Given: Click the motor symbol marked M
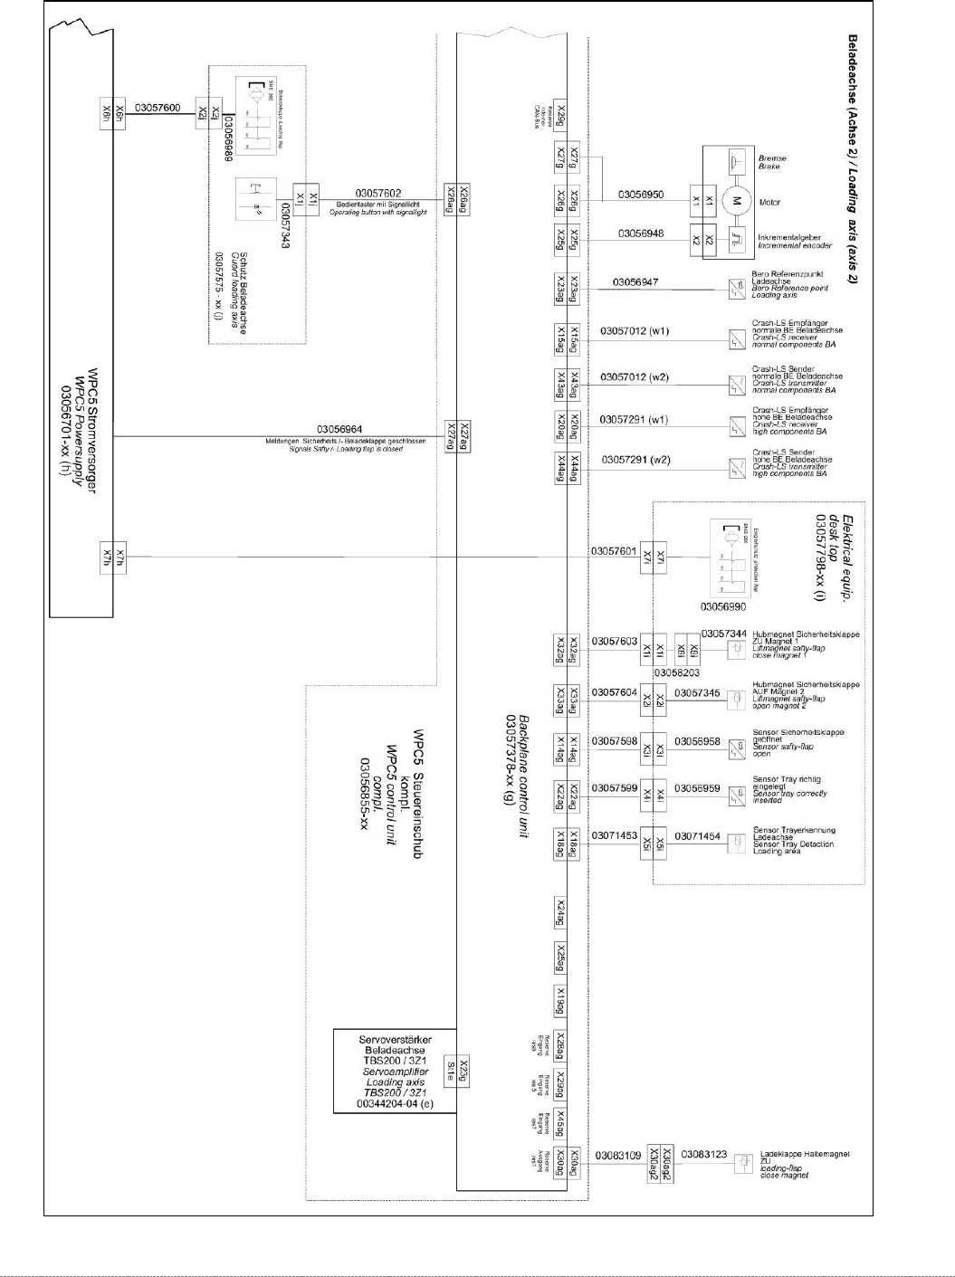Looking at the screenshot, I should [x=736, y=200].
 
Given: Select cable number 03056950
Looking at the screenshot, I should [x=640, y=195].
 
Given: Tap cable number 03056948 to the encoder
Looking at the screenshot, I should [x=640, y=233].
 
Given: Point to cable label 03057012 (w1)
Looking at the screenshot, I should [x=635, y=331].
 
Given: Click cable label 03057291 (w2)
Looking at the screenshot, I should [x=636, y=460].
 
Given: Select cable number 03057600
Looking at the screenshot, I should [x=158, y=109].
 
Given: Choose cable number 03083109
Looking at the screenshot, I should [x=618, y=1156].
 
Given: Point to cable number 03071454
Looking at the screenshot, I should [x=697, y=836].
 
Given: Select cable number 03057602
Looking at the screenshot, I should [x=377, y=193].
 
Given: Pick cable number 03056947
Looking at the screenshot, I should [x=635, y=282].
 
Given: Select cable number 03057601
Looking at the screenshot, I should [x=614, y=550].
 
